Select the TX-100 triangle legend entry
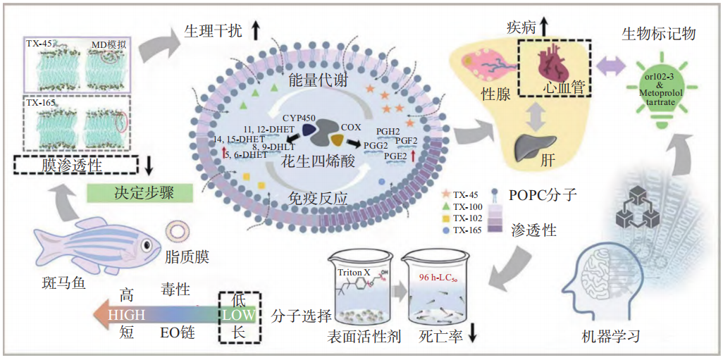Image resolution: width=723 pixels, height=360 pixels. click(465, 206)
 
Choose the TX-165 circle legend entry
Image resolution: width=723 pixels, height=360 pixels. click(465, 230)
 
